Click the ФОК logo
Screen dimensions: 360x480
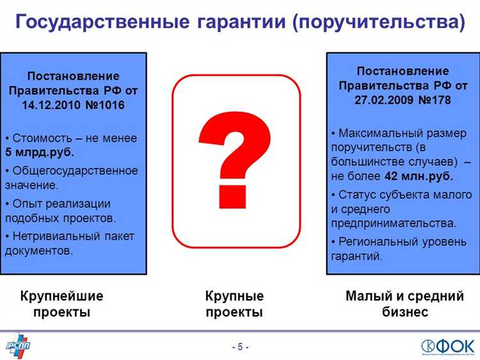point(447,345)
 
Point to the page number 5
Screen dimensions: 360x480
point(240,347)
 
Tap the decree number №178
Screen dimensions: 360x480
point(435,100)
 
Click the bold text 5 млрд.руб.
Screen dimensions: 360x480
point(40,152)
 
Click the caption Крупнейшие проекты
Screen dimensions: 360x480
point(61,304)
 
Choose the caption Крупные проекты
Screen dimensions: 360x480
point(234,304)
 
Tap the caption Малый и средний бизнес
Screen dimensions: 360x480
point(404,304)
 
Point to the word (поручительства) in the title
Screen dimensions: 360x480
point(379,22)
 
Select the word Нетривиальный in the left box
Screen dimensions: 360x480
point(53,236)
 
